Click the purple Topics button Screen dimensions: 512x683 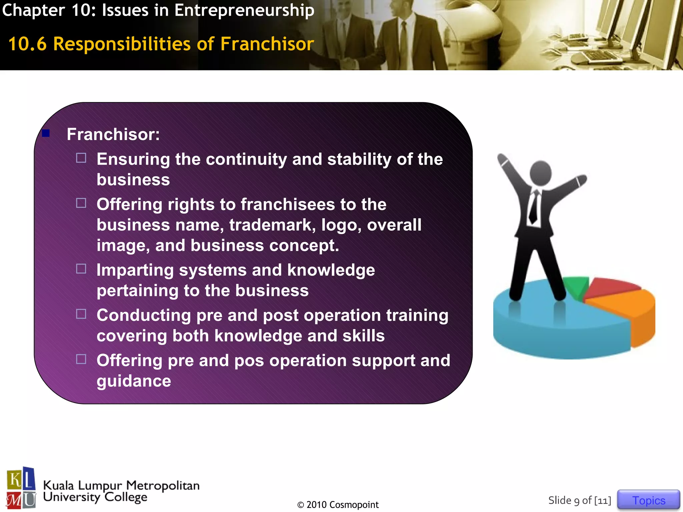coord(648,500)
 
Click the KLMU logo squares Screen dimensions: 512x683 coord(21,488)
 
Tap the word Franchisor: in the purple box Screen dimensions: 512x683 coord(113,134)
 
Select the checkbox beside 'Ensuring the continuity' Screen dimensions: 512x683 coord(81,158)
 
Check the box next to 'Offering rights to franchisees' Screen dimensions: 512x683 coord(81,203)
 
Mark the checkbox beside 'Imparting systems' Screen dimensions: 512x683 coord(81,269)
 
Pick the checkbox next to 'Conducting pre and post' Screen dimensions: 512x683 coord(81,314)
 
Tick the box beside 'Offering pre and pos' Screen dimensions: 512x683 coord(81,359)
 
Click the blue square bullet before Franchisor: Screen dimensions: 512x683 coord(46,133)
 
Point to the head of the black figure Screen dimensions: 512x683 coord(540,173)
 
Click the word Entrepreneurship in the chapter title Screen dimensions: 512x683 coord(244,10)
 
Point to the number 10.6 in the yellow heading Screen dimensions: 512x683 coord(27,44)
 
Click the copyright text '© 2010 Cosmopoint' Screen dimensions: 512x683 coord(338,505)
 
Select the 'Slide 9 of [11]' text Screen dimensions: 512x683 coord(580,500)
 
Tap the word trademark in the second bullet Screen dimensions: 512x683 coord(272,225)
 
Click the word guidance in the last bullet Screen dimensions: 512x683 coord(134,381)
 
